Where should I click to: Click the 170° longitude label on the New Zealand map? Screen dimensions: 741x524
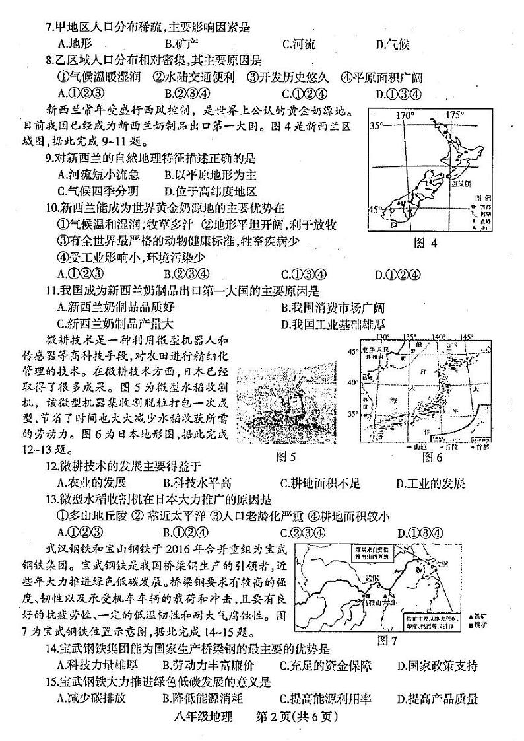point(404,115)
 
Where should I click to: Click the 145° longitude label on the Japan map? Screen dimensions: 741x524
point(467,336)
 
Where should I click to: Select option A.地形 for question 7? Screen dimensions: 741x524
point(74,44)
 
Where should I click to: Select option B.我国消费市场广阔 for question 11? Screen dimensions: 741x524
point(332,307)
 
